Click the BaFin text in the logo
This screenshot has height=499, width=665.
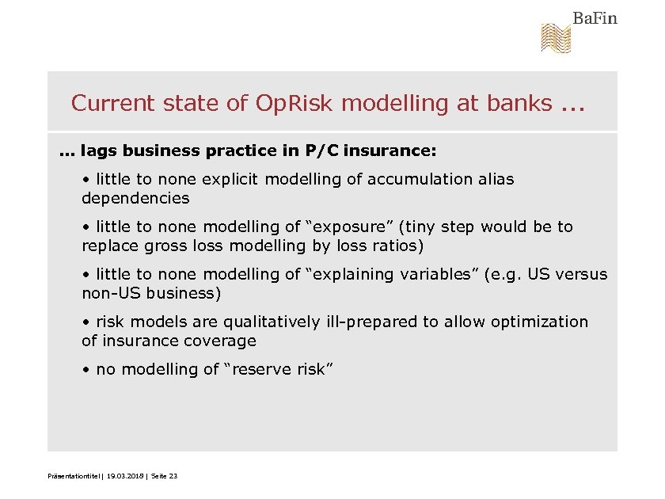pyautogui.click(x=595, y=18)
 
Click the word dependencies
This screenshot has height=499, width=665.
pyautogui.click(x=135, y=198)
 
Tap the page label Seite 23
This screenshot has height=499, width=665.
pyautogui.click(x=164, y=476)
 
